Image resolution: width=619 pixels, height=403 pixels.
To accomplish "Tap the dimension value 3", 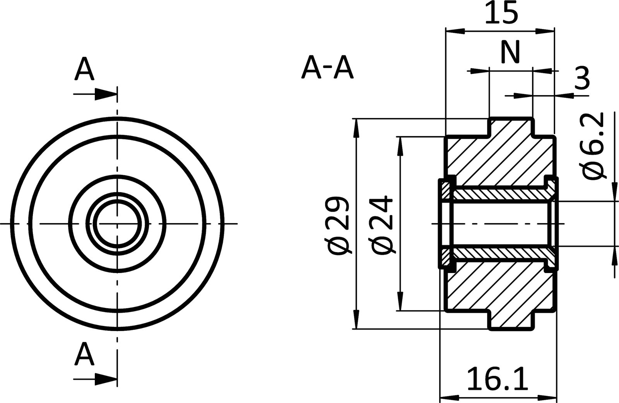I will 582,78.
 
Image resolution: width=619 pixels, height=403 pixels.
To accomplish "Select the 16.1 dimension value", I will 498,379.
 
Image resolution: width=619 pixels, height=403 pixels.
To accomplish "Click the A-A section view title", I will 327,68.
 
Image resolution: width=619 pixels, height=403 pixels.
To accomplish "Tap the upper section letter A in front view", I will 85,70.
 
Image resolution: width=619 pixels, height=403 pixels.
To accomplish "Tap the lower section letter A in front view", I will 85,355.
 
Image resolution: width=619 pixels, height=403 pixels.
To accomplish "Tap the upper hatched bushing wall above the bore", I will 503,193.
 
